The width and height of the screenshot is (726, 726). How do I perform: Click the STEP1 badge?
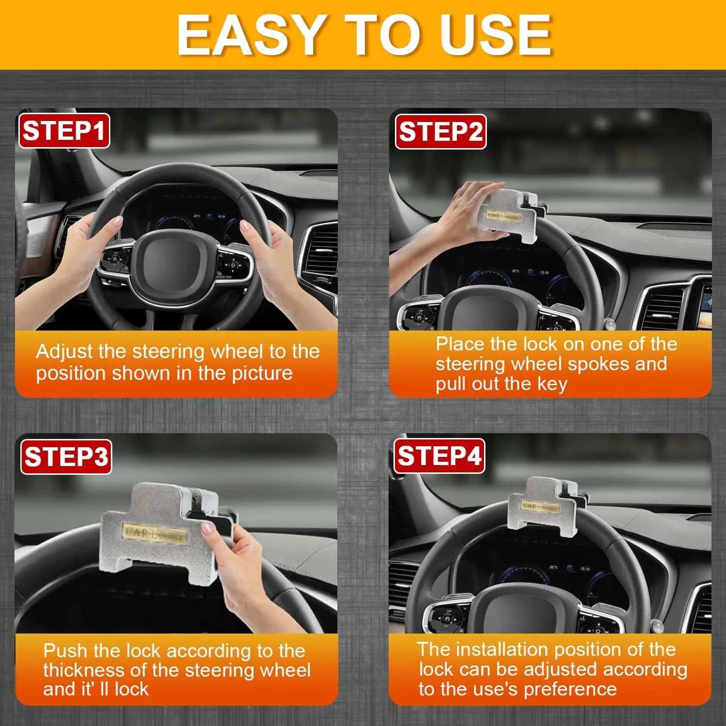click(64, 131)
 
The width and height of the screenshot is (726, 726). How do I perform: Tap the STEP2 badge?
click(440, 132)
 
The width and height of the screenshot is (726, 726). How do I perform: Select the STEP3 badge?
click(66, 457)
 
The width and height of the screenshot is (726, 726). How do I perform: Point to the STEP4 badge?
click(439, 456)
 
